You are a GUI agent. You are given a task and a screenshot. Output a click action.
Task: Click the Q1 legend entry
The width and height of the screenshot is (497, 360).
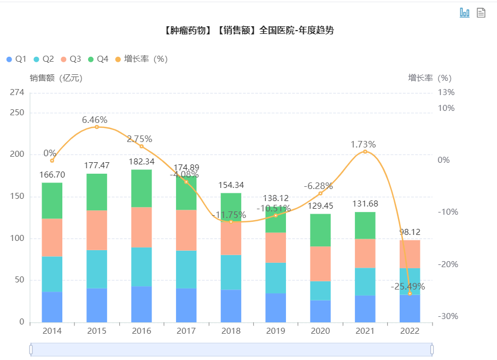16,59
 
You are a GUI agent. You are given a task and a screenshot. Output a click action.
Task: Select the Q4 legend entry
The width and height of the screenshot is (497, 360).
98,59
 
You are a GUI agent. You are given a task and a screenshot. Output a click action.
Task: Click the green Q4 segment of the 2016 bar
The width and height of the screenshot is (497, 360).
142,188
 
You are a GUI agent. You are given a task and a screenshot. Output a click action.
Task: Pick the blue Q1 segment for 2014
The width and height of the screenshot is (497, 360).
52,307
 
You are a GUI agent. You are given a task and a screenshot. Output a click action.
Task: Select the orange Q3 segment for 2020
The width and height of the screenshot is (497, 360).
320,264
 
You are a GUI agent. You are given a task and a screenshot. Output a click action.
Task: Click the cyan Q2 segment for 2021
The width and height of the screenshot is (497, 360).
365,281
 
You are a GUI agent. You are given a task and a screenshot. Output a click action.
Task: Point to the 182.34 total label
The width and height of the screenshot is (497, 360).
142,162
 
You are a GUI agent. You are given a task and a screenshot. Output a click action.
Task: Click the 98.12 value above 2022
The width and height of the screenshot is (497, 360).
410,232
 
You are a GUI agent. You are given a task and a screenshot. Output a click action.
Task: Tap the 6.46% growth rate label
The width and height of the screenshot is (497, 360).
95,120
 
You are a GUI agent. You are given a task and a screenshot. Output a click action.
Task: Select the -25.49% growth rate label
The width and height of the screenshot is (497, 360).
407,286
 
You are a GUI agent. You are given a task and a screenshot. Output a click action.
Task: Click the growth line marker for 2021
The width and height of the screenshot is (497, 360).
365,151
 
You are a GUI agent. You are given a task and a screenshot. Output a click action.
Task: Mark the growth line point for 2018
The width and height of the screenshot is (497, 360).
231,221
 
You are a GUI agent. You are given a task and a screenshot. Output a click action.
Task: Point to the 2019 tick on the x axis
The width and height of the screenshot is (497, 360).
276,331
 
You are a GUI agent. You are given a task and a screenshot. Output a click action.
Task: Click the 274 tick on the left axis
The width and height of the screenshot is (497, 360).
17,92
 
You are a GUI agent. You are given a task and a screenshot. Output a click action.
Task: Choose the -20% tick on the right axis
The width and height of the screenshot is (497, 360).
447,264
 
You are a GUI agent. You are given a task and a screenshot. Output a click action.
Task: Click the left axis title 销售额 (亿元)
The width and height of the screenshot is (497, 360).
56,78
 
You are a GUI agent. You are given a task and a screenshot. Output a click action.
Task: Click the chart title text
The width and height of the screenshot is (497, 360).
249,31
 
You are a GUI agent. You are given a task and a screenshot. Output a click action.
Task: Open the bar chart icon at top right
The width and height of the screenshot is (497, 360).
465,13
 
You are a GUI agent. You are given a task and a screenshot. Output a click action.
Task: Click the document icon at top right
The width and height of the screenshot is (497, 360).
481,13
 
